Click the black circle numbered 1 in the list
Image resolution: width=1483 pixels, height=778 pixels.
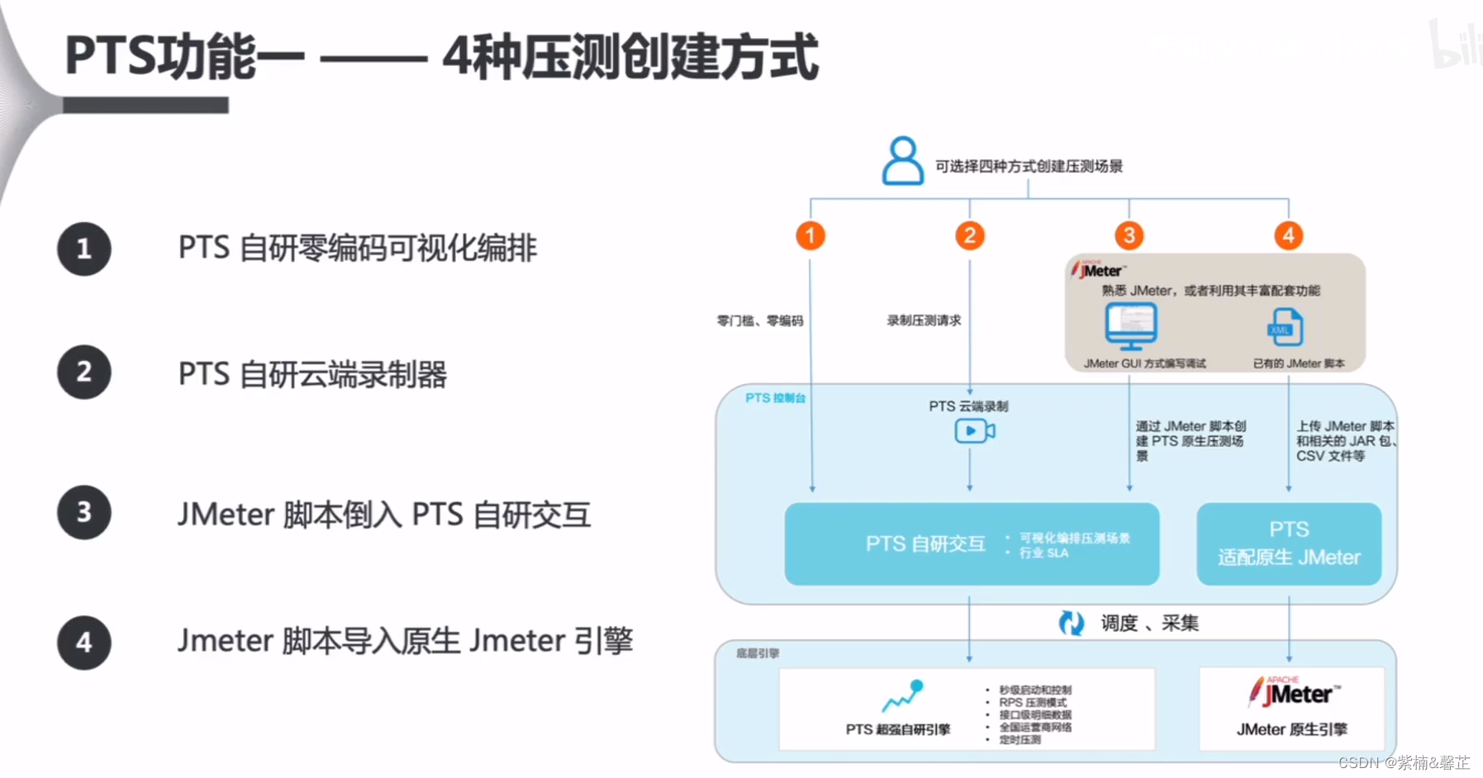tap(83, 249)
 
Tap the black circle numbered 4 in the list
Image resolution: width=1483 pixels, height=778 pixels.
tap(83, 642)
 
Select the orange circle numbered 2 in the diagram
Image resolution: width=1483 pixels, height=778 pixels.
tap(970, 235)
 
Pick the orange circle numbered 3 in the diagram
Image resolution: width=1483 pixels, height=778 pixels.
tap(1129, 235)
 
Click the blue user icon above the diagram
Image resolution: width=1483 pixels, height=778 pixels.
tap(902, 161)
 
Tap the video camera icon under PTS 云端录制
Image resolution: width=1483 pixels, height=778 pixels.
tap(974, 430)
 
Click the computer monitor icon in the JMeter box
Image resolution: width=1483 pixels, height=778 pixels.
tap(1131, 326)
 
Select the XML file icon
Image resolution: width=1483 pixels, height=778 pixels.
tap(1286, 328)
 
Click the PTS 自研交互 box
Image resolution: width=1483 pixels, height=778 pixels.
tap(972, 543)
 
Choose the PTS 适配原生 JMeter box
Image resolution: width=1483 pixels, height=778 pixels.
tap(1289, 543)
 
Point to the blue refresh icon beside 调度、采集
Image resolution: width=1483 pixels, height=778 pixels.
tap(1072, 623)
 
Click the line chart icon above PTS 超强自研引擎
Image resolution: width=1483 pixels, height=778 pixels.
tap(902, 695)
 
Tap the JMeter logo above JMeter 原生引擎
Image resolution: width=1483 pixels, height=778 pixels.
tap(1294, 692)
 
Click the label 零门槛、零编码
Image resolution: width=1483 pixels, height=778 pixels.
tap(759, 320)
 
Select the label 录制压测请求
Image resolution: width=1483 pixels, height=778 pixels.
tap(924, 320)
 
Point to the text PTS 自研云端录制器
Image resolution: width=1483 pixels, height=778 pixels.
tap(312, 374)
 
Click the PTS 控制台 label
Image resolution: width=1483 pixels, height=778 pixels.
tap(775, 398)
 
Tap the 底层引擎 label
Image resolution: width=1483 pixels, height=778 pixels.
tap(758, 653)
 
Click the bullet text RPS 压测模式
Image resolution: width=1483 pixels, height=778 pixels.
tap(1033, 702)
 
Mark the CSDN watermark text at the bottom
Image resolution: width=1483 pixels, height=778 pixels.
tap(1404, 762)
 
